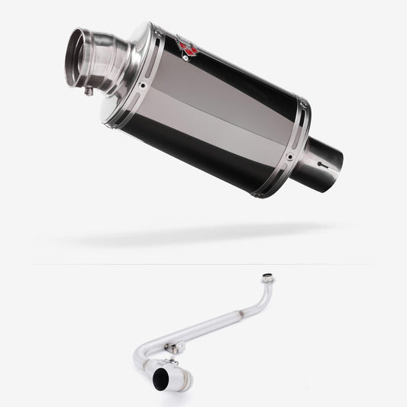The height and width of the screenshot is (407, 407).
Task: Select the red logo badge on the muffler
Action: tap(187, 47)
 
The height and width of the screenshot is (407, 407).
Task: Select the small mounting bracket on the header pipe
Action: tap(177, 347)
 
